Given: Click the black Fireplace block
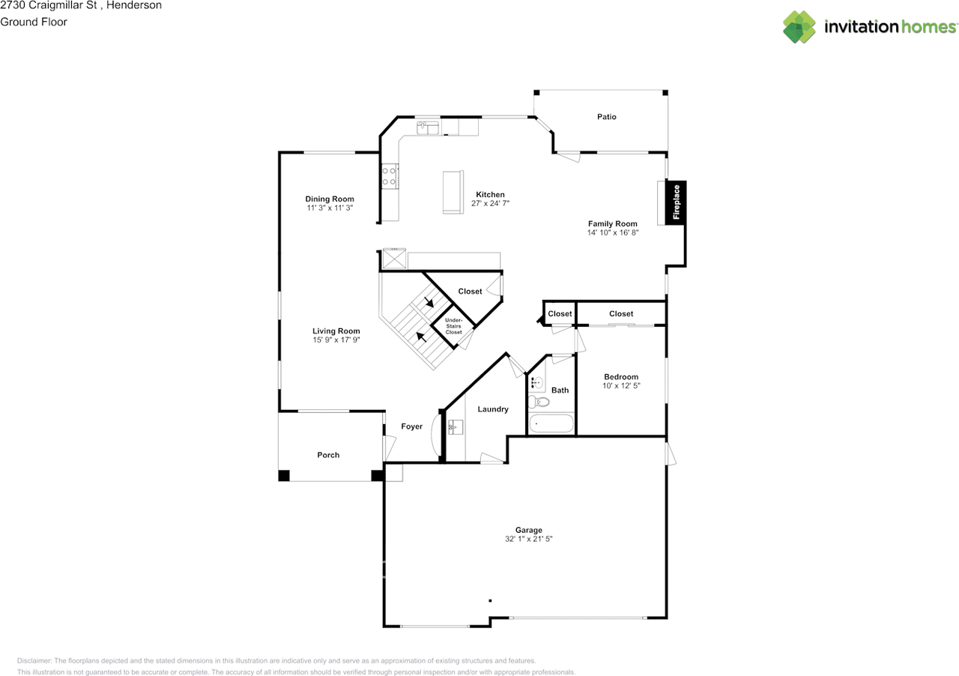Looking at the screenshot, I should tap(675, 203).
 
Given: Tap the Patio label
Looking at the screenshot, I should tap(606, 117).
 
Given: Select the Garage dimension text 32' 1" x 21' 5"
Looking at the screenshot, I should tap(528, 539).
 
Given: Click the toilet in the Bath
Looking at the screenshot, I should tap(541, 402).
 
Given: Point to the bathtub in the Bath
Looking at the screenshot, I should tap(551, 423).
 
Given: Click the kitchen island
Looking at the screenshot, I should tap(453, 193).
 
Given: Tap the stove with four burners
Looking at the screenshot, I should tap(390, 176).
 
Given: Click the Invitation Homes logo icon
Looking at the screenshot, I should tap(799, 27).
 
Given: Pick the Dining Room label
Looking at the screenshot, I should tap(329, 199).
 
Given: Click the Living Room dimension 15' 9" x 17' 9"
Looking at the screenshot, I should tap(336, 340).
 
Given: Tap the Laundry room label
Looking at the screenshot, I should tap(493, 409).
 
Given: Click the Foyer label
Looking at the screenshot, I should tap(411, 426).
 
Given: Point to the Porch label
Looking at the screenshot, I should tap(328, 455).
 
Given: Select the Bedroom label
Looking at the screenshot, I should tap(621, 377).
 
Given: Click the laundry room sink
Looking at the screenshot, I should tap(456, 428).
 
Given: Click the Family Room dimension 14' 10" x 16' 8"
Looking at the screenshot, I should tap(612, 233).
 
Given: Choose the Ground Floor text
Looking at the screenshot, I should tap(34, 22).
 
